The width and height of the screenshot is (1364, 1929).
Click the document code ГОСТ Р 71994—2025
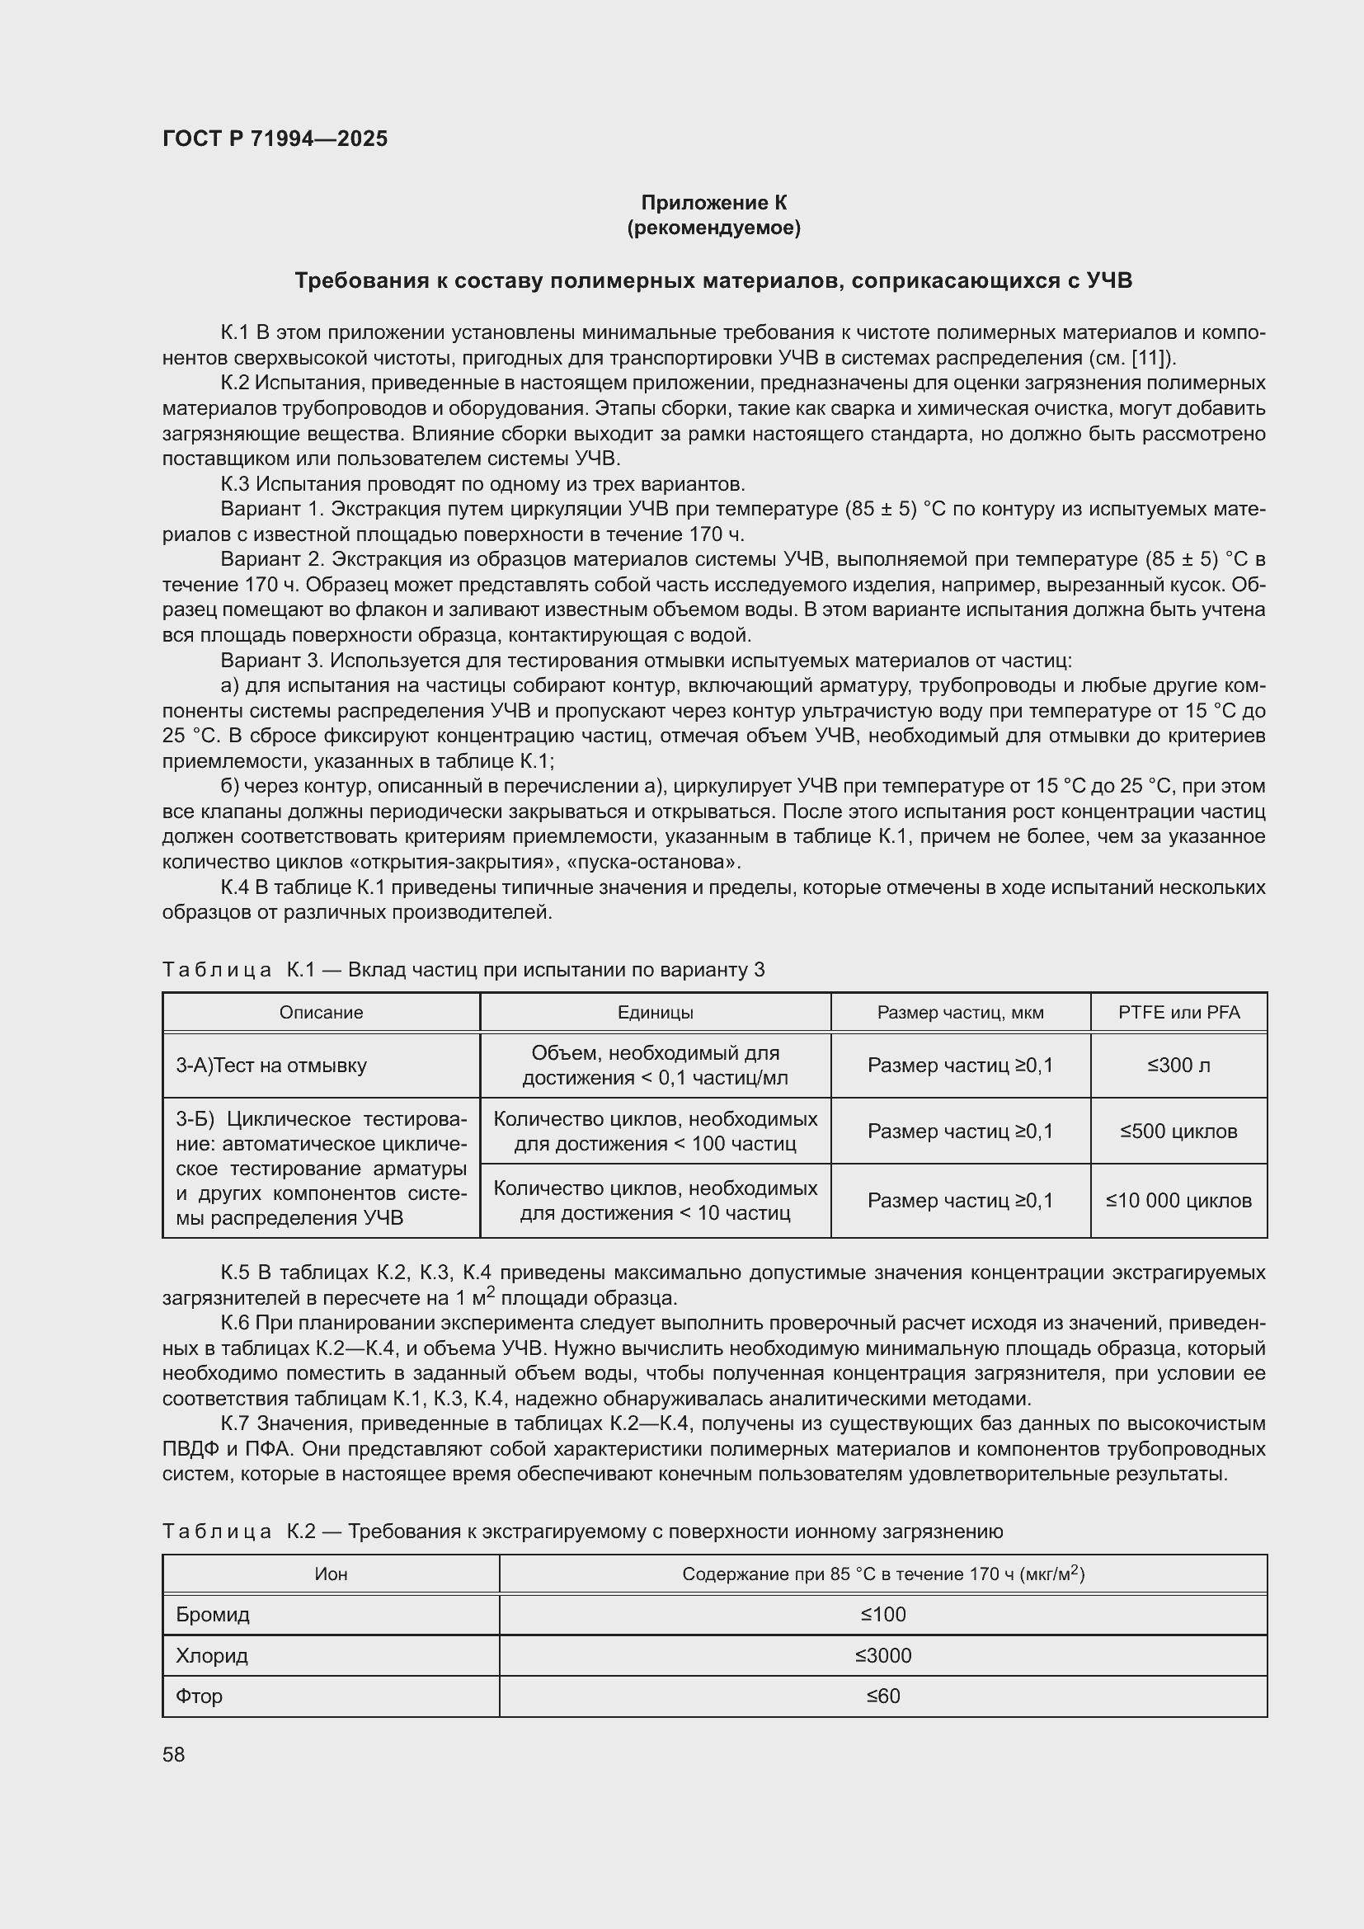click(x=275, y=139)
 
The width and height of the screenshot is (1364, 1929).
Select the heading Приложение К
click(x=713, y=203)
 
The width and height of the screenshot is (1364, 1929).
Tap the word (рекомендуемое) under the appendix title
click(x=713, y=228)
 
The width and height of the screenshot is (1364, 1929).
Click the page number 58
click(x=174, y=1754)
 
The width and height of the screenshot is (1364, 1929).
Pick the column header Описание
click(x=321, y=1013)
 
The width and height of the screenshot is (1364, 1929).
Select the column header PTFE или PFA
click(x=1178, y=1013)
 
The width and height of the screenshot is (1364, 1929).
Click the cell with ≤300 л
click(x=1178, y=1066)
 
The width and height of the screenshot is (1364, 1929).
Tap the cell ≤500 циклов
click(x=1178, y=1131)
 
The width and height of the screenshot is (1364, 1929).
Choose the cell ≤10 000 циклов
click(x=1178, y=1201)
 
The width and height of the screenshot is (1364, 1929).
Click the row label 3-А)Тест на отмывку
click(x=271, y=1066)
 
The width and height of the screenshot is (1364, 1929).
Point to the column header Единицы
click(x=655, y=1013)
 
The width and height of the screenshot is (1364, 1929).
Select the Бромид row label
click(x=213, y=1614)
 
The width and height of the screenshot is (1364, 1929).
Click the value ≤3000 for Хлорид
click(x=882, y=1655)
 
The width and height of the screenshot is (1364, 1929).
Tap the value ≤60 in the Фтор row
click(x=882, y=1696)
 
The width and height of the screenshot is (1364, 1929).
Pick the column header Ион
click(x=331, y=1574)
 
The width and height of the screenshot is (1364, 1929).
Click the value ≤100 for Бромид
click(x=882, y=1614)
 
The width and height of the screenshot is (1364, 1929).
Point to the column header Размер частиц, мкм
click(x=960, y=1013)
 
